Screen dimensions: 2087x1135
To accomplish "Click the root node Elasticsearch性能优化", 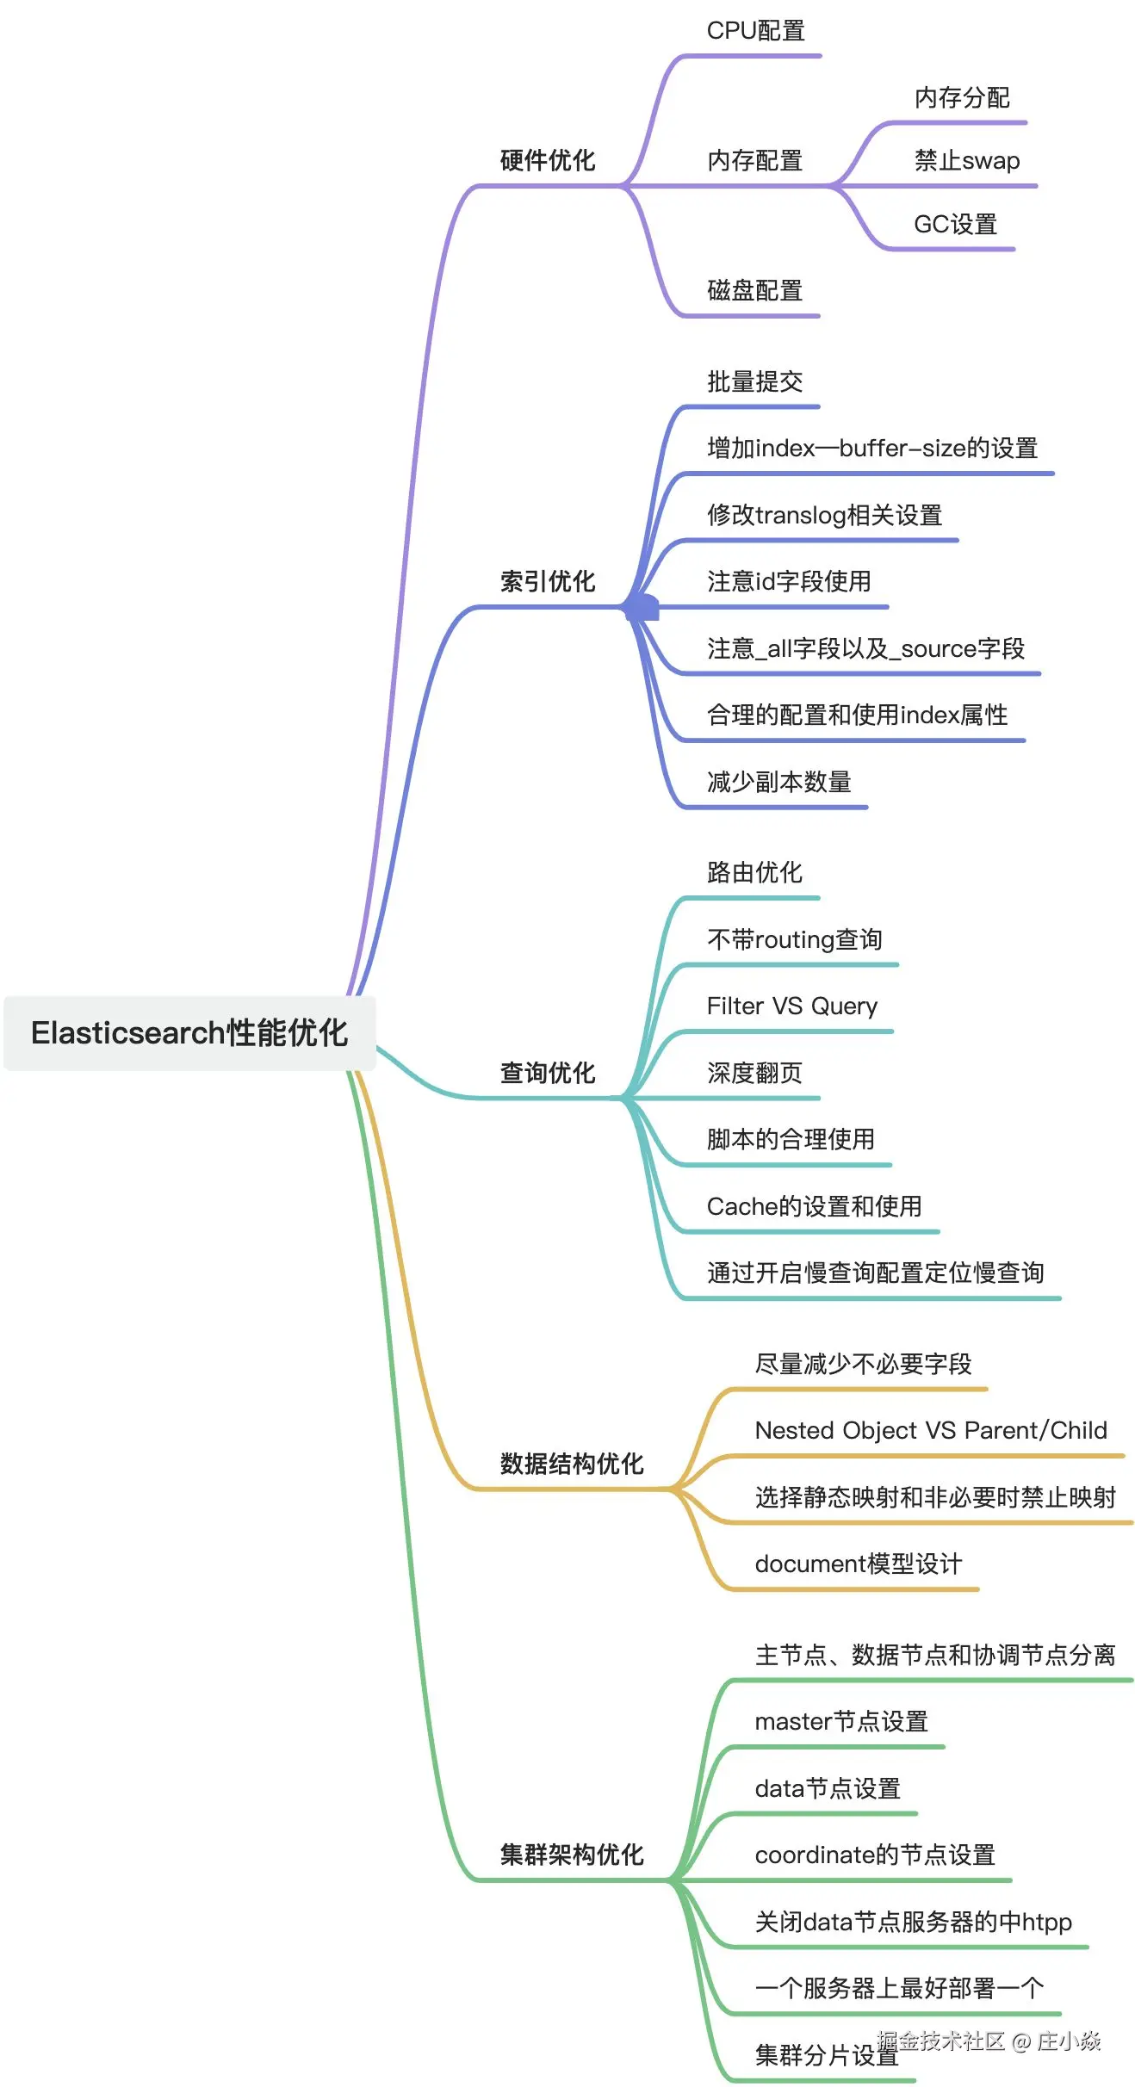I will (189, 1033).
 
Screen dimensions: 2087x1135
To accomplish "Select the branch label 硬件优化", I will (548, 160).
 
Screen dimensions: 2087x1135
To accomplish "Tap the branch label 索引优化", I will (548, 582).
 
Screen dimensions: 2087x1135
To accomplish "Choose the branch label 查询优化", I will (548, 1073).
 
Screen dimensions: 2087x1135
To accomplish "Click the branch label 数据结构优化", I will (572, 1464).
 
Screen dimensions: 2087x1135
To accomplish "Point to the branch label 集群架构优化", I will (572, 1855).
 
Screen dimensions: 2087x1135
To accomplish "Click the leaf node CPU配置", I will (755, 31).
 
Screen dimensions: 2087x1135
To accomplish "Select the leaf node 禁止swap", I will (966, 161).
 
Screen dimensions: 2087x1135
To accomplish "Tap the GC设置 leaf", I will (955, 225).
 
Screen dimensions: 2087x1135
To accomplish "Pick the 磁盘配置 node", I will (754, 291).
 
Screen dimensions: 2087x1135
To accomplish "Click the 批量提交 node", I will (754, 381).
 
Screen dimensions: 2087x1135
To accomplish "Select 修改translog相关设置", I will (824, 515).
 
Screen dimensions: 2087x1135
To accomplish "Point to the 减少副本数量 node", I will (778, 782).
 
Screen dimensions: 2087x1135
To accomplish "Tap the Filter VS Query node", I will (791, 1006).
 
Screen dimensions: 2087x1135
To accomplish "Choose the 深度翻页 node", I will (754, 1073).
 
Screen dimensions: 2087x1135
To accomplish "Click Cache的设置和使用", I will (814, 1206).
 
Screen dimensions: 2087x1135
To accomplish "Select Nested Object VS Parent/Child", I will (930, 1430).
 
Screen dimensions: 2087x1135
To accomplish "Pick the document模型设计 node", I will (858, 1564).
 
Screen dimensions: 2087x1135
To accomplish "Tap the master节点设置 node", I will (840, 1721).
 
